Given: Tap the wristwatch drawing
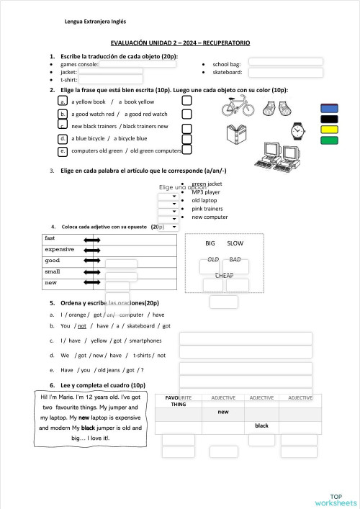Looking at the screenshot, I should click(297, 130).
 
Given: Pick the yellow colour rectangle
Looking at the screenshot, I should click(328, 129).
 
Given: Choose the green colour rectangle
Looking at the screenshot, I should click(328, 140).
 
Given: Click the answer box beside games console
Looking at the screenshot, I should click(138, 64).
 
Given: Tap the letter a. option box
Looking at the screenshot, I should click(63, 102).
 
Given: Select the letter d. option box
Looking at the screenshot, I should click(63, 138).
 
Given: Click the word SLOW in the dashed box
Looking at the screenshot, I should click(235, 243).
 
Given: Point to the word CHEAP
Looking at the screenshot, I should click(224, 276).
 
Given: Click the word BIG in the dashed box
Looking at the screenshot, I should click(211, 243).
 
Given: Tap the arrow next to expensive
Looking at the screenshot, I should click(92, 250).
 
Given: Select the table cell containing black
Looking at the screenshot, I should click(261, 425).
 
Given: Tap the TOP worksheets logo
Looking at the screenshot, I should click(335, 499).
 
